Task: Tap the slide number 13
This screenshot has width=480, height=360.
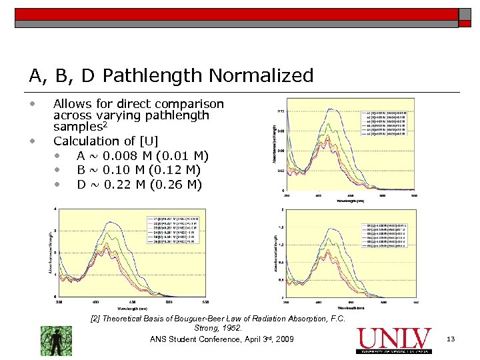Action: coord(450,340)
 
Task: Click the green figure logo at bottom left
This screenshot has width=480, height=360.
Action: coord(56,340)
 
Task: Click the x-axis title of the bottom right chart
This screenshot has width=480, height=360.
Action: coord(349,307)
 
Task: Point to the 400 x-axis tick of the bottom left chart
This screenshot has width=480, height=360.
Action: coord(95,302)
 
